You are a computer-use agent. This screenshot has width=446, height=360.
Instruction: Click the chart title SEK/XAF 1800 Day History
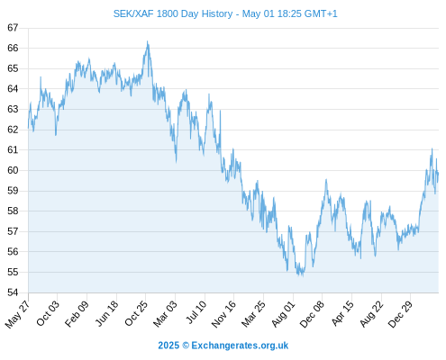click(173, 13)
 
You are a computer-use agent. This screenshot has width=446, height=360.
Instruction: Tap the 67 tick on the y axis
click(13, 28)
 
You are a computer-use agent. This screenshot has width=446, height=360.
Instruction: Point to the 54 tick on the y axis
click(13, 292)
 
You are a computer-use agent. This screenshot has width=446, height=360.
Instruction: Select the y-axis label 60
click(13, 170)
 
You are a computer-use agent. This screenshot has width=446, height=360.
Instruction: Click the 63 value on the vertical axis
click(13, 109)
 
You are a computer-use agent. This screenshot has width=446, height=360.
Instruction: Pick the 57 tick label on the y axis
click(13, 231)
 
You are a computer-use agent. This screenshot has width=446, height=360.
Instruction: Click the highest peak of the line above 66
click(147, 41)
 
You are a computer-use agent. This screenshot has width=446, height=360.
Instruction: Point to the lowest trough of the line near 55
click(302, 275)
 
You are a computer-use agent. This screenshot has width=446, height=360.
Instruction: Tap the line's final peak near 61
click(432, 148)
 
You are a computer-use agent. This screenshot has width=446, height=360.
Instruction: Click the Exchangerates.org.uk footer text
click(240, 346)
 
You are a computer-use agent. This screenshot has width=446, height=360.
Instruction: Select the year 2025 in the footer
click(168, 346)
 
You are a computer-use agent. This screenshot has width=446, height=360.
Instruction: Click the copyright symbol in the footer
click(186, 346)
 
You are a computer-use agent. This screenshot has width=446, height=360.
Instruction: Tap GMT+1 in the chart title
click(321, 13)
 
